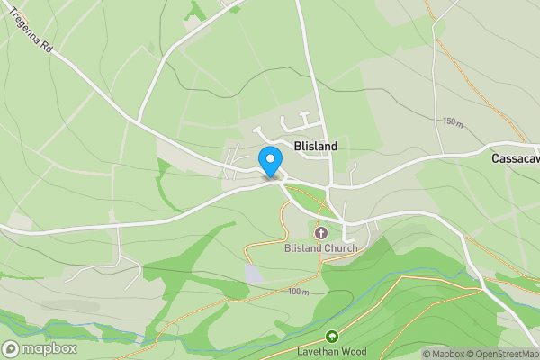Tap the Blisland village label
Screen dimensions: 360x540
(x=315, y=146)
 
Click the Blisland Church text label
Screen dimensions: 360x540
(x=321, y=248)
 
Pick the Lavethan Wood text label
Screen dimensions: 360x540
(x=331, y=351)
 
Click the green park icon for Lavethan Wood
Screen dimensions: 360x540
(x=331, y=337)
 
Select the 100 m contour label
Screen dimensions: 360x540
(x=299, y=292)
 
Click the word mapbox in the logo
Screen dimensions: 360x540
(x=50, y=348)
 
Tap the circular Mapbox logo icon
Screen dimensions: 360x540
(x=12, y=348)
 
